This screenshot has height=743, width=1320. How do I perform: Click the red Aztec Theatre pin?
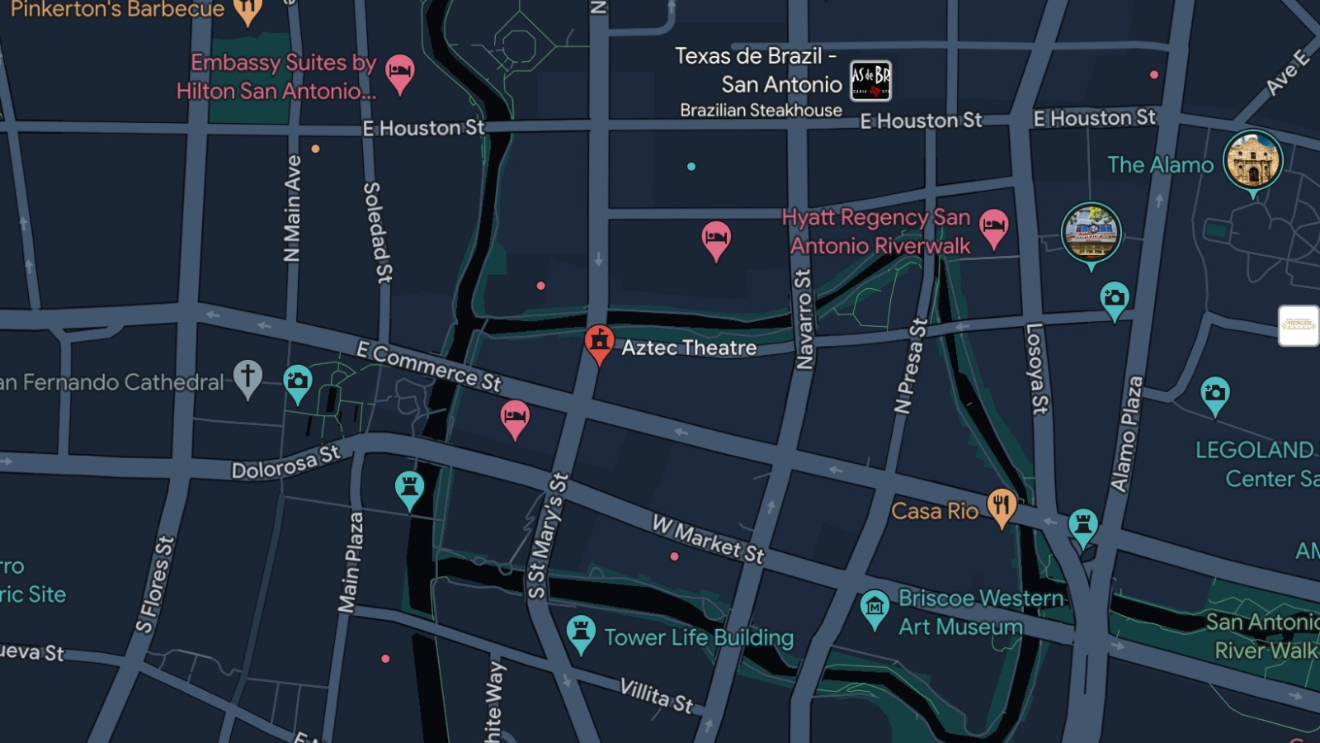tap(599, 341)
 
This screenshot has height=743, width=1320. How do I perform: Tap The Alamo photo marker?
tap(1252, 161)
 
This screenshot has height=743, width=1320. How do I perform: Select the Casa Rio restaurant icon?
tap(1001, 506)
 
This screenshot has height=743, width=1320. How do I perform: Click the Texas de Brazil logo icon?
tap(870, 82)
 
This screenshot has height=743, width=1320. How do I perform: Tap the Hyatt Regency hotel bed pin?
tap(993, 226)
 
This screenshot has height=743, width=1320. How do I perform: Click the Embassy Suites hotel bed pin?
tap(399, 72)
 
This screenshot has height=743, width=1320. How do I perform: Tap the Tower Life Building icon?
tap(581, 633)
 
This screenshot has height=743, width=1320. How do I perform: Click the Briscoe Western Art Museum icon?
tap(874, 608)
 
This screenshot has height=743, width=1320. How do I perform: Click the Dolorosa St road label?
tap(285, 462)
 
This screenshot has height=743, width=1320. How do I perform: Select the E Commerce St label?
tap(428, 366)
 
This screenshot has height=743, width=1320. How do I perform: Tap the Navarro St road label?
tap(804, 319)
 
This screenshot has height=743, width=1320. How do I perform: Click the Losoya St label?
tap(1036, 368)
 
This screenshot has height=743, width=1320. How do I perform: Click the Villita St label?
tap(656, 695)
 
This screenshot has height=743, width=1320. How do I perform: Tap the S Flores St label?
tap(155, 584)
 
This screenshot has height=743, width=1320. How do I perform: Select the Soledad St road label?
tap(377, 233)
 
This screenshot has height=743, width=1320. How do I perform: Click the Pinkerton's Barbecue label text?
tap(117, 9)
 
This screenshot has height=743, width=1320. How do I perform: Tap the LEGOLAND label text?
tap(1254, 450)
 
